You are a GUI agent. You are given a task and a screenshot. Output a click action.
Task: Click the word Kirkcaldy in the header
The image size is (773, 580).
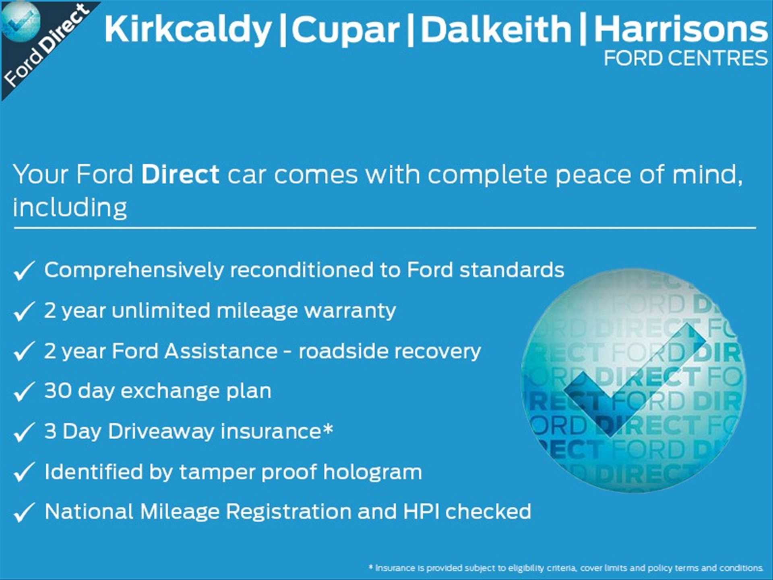pos(188,29)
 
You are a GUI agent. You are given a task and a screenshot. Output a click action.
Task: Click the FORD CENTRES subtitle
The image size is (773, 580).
pos(686,58)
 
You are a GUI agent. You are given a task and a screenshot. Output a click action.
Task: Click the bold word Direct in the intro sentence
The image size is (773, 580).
pos(180,174)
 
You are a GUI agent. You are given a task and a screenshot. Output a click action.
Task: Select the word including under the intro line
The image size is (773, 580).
pos(70,207)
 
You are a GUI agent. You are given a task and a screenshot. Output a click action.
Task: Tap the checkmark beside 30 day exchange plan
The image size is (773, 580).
pos(24,391)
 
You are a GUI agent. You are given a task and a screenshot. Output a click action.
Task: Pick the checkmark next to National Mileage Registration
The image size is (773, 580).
pos(24,512)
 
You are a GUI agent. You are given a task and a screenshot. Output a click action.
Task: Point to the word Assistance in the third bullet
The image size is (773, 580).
pos(221,351)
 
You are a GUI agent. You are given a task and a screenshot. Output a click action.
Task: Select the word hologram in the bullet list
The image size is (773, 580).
pos(372,472)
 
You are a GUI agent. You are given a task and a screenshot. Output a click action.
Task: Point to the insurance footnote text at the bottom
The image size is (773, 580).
pos(566,568)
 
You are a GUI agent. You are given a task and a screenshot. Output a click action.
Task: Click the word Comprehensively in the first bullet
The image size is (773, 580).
pos(134,270)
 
